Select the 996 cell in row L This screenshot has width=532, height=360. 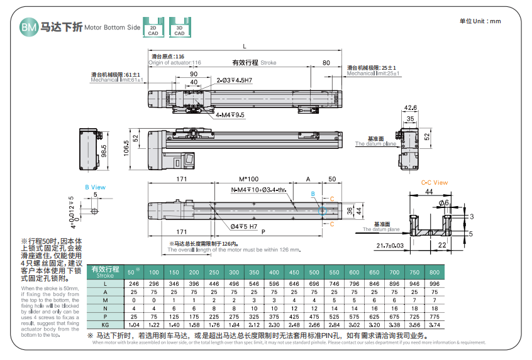pyautogui.click(x=435, y=283)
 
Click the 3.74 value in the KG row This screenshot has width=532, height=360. pyautogui.click(x=435, y=324)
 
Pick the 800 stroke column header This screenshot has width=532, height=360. pyautogui.click(x=435, y=272)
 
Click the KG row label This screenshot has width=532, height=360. pyautogui.click(x=106, y=324)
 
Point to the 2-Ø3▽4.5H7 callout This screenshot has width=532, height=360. pyautogui.click(x=235, y=81)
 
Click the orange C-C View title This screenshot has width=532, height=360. pyautogui.click(x=434, y=183)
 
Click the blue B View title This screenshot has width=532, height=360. pyautogui.click(x=96, y=187)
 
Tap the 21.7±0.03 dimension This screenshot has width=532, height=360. pyautogui.click(x=391, y=245)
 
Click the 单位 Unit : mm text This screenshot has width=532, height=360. pyautogui.click(x=480, y=21)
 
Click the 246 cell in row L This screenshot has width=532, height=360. pyautogui.click(x=133, y=283)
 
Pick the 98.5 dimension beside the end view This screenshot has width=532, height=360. pyautogui.click(x=104, y=151)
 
